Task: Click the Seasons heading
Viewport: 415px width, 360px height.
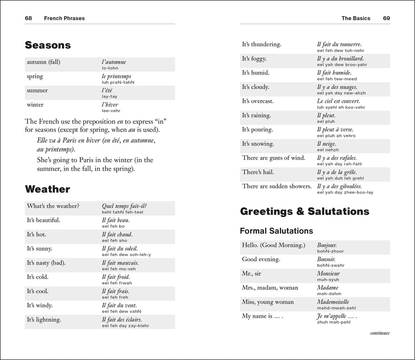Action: click(48, 45)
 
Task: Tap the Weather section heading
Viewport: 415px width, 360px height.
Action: click(47, 189)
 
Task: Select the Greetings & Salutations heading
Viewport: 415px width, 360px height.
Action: click(304, 211)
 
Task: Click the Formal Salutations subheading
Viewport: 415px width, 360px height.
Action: click(276, 231)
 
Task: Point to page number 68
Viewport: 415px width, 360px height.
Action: click(28, 18)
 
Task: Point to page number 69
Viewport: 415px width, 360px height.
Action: click(386, 18)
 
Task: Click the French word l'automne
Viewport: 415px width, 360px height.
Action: click(114, 62)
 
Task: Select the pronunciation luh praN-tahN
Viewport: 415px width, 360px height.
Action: click(118, 82)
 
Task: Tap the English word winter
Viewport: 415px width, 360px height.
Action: click(35, 104)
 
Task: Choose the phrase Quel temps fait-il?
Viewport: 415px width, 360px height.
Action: click(124, 206)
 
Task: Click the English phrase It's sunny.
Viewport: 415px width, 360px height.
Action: click(39, 249)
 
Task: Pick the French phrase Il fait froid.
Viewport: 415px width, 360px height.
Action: click(116, 277)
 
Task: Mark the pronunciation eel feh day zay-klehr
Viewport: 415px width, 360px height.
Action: click(125, 326)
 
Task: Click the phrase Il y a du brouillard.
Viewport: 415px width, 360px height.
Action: click(340, 59)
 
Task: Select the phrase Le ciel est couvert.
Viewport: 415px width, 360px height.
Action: click(338, 101)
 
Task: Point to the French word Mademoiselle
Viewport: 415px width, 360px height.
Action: click(333, 302)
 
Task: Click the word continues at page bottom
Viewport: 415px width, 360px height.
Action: click(379, 333)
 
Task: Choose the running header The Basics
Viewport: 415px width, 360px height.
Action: click(355, 18)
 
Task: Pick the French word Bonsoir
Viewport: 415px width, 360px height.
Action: click(326, 259)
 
